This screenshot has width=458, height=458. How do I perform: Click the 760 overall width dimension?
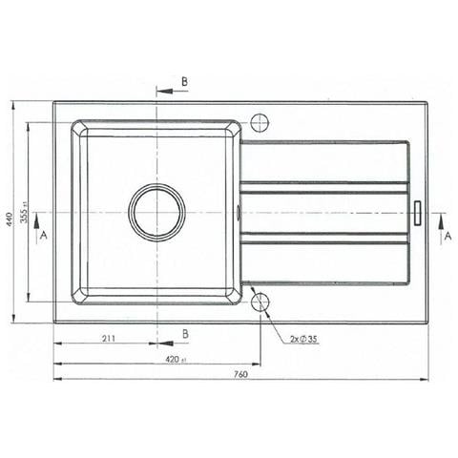click(x=239, y=373)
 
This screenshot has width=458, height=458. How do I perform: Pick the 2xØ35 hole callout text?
click(x=302, y=339)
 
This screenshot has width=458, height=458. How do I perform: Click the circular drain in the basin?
click(x=157, y=212)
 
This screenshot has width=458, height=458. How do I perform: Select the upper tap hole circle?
click(x=260, y=122)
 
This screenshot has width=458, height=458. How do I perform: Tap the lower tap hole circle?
click(x=260, y=302)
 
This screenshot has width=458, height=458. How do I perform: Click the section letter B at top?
click(x=185, y=82)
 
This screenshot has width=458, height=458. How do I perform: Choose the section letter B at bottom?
click(x=185, y=334)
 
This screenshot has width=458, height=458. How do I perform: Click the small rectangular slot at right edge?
click(x=417, y=212)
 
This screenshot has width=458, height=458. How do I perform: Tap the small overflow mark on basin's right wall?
click(x=238, y=212)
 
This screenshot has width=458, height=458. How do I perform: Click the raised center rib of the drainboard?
click(x=324, y=212)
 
